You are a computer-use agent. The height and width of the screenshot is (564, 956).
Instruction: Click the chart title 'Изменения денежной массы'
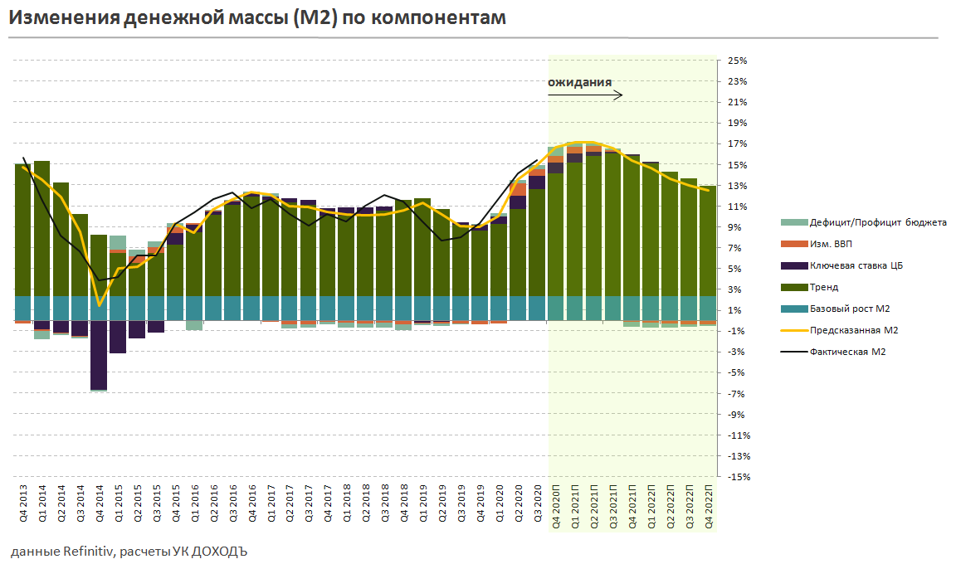257,17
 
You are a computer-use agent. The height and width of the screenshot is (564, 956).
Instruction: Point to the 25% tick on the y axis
737,61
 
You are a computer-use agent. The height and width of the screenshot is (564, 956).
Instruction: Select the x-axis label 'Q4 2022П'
709,506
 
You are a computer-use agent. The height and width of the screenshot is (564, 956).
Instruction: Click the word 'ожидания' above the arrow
580,82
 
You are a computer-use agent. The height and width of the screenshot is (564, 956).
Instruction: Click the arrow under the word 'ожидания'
585,95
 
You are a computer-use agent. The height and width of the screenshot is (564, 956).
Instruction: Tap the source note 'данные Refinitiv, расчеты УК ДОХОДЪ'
130,551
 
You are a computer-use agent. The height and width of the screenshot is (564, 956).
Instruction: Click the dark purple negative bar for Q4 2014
99,355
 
